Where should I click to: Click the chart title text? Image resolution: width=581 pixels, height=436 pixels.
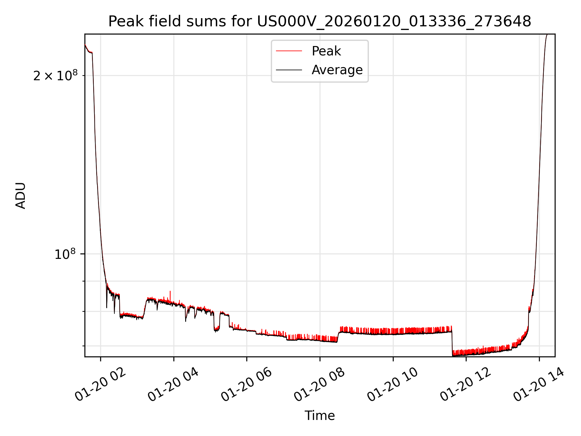coord(320,21)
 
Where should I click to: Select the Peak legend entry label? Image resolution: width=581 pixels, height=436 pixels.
coord(326,51)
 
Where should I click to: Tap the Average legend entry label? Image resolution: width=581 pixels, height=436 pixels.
coord(337,70)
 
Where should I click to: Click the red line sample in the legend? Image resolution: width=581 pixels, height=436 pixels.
coord(289,51)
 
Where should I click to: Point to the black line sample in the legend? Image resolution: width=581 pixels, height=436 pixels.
coord(289,70)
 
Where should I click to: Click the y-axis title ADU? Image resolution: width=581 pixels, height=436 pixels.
coord(21,196)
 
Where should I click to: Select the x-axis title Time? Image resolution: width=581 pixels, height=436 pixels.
coord(320,416)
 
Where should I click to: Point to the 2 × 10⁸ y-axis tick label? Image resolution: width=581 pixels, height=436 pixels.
coord(55,76)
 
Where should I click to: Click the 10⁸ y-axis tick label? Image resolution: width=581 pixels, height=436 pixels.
coord(65,254)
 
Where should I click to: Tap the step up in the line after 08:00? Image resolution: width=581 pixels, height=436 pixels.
coord(338,336)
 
